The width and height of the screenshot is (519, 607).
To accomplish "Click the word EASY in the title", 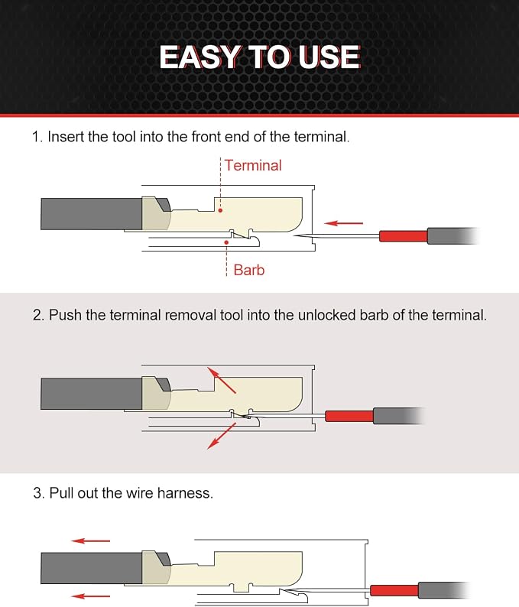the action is [x=199, y=57].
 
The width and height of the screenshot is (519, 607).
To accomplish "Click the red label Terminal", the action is [x=253, y=165].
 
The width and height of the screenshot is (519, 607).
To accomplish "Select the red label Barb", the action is [x=249, y=270].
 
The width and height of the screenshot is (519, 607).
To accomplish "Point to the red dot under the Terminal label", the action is [x=220, y=210].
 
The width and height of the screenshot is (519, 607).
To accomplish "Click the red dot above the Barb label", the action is [x=226, y=242].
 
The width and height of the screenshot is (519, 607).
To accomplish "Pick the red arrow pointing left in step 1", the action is [x=344, y=223].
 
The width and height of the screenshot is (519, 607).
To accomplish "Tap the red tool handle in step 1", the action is [x=404, y=236].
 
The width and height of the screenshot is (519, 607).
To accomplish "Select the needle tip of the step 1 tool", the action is [x=294, y=235].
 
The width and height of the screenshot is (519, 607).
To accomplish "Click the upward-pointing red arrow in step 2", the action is [x=222, y=380].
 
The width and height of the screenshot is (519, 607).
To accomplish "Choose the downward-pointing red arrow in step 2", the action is [x=222, y=436].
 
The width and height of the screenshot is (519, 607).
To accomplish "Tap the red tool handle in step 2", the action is [x=349, y=416].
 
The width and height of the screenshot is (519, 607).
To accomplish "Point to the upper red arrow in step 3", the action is [x=91, y=540].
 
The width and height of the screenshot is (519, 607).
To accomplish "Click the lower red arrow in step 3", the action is [x=91, y=596].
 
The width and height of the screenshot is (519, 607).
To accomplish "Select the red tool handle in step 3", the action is [x=394, y=590].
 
